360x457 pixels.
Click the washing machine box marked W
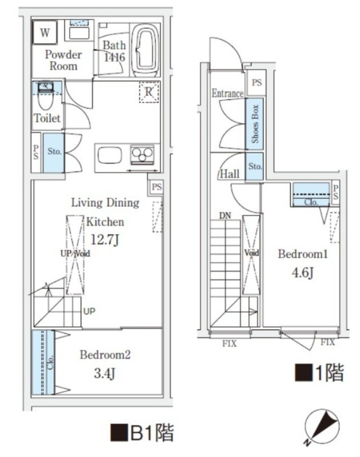(x=45, y=32)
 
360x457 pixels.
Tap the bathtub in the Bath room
(x=146, y=50)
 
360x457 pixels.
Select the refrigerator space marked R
(x=149, y=92)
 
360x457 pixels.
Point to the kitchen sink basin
(x=110, y=155)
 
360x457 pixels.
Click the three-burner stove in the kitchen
(x=142, y=154)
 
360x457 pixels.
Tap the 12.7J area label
(x=105, y=239)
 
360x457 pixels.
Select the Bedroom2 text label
(x=105, y=355)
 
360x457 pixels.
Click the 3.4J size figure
(x=105, y=374)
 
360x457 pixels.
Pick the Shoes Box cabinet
(x=254, y=124)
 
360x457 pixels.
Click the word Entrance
(x=227, y=93)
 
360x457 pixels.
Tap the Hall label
(x=229, y=174)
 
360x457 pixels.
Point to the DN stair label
(x=225, y=216)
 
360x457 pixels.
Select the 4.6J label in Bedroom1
(x=303, y=273)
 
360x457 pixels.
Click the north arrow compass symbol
(x=322, y=427)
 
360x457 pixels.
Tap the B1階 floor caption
(x=142, y=433)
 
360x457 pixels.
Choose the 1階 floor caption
(x=319, y=372)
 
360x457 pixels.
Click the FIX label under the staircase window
(x=229, y=344)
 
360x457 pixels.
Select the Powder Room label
(x=63, y=60)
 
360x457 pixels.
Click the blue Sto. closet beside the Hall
(x=254, y=166)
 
